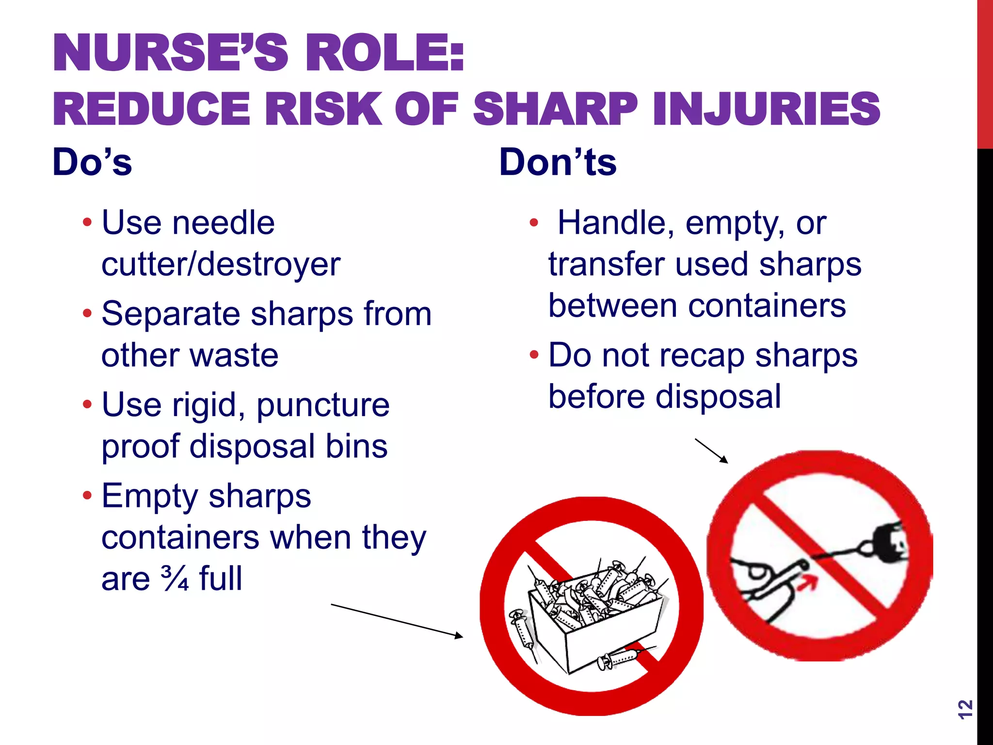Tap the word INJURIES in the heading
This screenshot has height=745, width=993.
click(766, 109)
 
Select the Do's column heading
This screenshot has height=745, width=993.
click(92, 162)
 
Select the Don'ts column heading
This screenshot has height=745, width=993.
click(558, 162)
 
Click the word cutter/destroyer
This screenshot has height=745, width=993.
click(221, 265)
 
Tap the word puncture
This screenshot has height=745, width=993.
click(322, 405)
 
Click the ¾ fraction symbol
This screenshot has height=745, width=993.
click(175, 578)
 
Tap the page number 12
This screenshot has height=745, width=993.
click(965, 709)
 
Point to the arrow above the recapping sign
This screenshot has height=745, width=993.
click(711, 451)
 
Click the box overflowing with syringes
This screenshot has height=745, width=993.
click(594, 616)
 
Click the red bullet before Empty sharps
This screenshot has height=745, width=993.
click(87, 496)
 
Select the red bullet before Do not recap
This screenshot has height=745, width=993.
click(534, 355)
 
